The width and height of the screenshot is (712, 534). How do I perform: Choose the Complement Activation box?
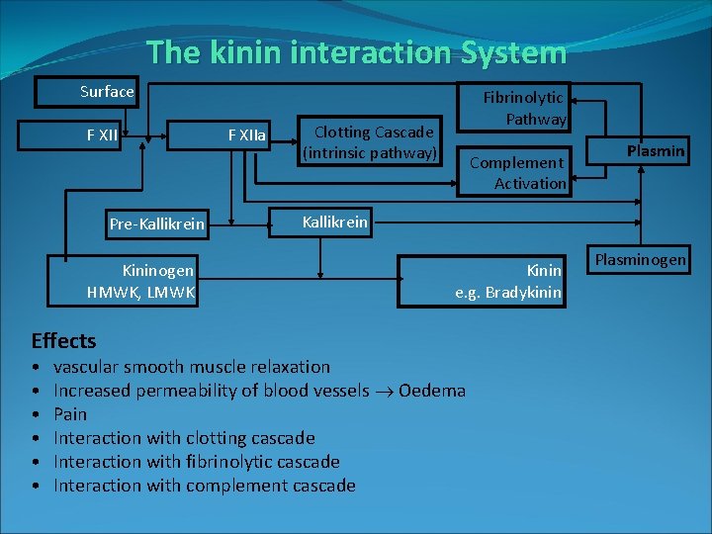tap(518, 171)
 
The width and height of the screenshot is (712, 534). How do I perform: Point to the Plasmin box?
tap(655, 151)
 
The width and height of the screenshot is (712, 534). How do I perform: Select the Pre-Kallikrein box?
tap(156, 223)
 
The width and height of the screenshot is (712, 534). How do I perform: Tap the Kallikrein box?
tap(334, 222)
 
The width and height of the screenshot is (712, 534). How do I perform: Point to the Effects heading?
tap(63, 341)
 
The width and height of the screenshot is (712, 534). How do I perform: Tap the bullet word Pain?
tap(70, 413)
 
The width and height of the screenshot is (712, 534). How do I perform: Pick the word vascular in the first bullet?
tap(85, 366)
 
